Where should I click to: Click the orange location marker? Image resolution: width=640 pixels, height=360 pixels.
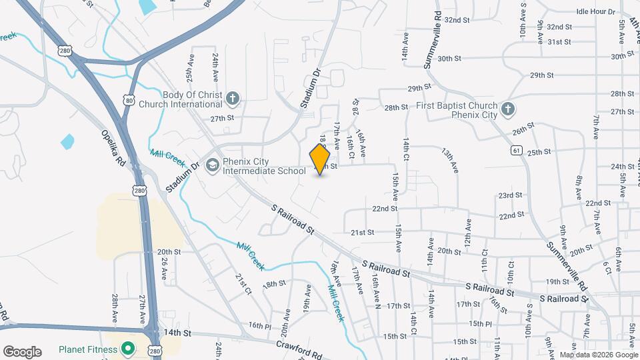[321, 159]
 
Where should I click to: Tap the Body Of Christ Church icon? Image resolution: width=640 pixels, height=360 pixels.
[233, 99]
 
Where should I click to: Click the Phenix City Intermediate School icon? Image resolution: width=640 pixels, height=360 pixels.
[212, 165]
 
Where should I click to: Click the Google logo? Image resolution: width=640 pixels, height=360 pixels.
[23, 351]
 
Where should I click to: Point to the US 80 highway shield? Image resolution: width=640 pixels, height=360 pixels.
[128, 100]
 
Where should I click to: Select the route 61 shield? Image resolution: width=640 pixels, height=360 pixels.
[517, 151]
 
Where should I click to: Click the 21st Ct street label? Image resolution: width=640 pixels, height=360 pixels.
[243, 283]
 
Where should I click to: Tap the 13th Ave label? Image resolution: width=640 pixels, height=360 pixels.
[450, 159]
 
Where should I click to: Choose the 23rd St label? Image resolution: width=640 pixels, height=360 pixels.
[510, 195]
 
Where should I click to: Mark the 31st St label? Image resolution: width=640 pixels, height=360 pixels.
[559, 42]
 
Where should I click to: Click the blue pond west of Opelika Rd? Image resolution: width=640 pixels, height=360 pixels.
[67, 142]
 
